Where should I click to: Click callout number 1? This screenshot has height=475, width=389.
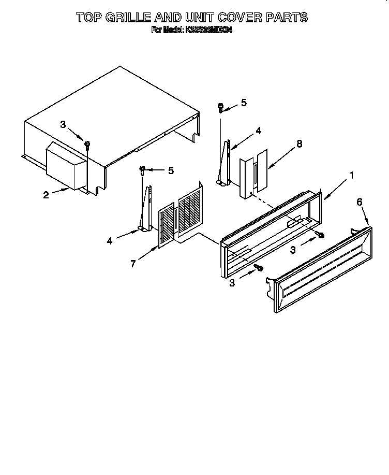coord(351,176)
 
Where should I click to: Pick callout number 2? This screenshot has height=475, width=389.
coord(46,194)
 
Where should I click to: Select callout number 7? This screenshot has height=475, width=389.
coord(133,264)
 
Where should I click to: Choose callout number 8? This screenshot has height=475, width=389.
coord(299,145)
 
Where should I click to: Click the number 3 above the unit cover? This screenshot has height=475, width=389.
coord(63,124)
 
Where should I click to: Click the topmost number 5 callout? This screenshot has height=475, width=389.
coord(244,103)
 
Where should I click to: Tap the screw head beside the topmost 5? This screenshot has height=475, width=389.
coord(221,108)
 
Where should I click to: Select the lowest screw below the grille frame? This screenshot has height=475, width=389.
coord(260,268)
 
